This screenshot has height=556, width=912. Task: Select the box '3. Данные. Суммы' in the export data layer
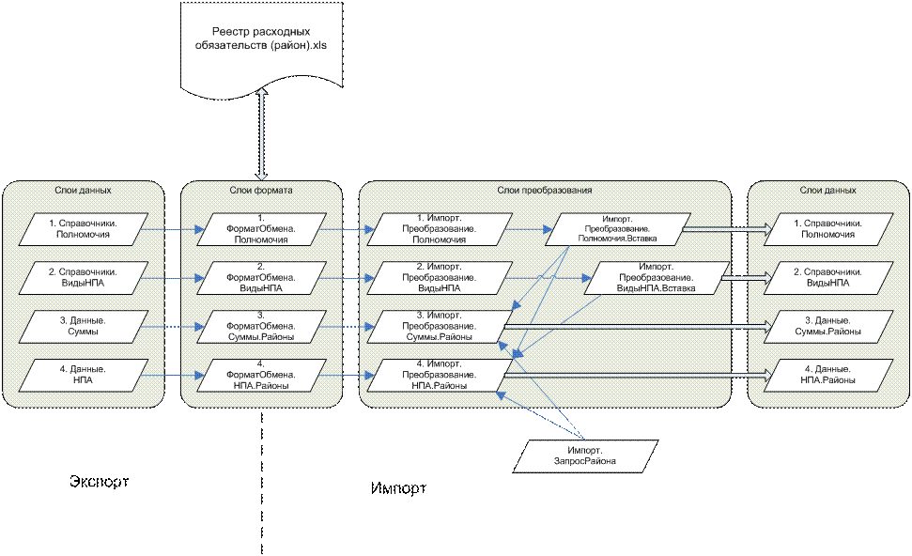pyautogui.click(x=84, y=326)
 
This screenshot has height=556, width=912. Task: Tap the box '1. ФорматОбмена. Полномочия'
pyautogui.click(x=261, y=229)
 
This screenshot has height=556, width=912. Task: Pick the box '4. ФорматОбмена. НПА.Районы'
pyautogui.click(x=261, y=375)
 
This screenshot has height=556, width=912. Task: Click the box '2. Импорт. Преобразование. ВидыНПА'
pyautogui.click(x=441, y=278)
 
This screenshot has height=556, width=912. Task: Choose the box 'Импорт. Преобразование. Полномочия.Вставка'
pyautogui.click(x=618, y=229)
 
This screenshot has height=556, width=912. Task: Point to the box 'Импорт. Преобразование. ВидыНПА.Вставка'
pyautogui.click(x=657, y=278)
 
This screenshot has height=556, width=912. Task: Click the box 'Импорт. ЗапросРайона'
pyautogui.click(x=585, y=456)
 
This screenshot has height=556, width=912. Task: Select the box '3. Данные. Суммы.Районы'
pyautogui.click(x=828, y=326)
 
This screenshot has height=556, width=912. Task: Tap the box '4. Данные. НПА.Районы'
pyautogui.click(x=828, y=375)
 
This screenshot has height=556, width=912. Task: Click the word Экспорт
pyautogui.click(x=99, y=482)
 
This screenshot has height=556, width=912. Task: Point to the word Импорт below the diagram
pyautogui.click(x=398, y=488)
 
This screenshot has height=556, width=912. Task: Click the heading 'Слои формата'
pyautogui.click(x=261, y=190)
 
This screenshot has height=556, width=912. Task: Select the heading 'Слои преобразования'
pyautogui.click(x=545, y=190)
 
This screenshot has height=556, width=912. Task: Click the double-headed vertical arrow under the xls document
pyautogui.click(x=262, y=133)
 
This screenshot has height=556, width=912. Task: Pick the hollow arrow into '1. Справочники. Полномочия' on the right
pyautogui.click(x=727, y=229)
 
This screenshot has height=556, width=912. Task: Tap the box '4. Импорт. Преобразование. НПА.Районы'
pyautogui.click(x=441, y=375)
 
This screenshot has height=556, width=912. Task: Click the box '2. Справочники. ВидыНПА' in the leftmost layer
pyautogui.click(x=84, y=278)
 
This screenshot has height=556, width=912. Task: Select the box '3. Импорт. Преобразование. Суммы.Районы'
pyautogui.click(x=441, y=326)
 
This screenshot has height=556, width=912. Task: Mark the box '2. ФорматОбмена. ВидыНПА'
pyautogui.click(x=261, y=278)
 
